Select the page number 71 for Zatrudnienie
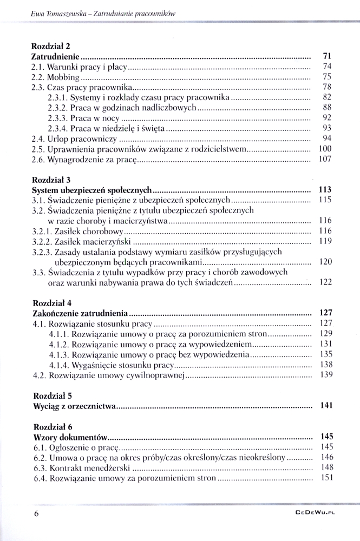click(326, 56)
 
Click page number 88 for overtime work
click(326, 108)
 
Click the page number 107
click(325, 159)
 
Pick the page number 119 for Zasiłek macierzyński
click(325, 241)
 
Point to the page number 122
click(325, 282)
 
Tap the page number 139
click(325, 375)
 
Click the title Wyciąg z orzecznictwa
click(75, 406)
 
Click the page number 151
click(325, 478)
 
